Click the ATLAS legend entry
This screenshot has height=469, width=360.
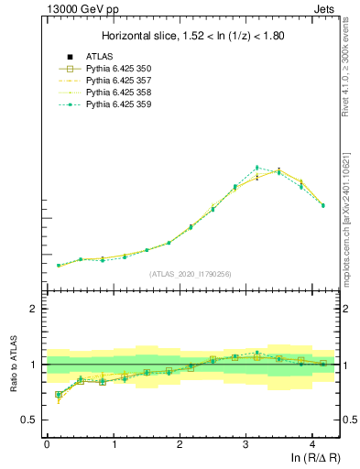(99, 57)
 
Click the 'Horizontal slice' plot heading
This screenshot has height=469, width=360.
(192, 37)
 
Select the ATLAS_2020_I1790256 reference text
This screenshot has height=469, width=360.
(191, 274)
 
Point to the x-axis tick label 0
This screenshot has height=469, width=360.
(47, 443)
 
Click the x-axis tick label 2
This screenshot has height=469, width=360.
(180, 443)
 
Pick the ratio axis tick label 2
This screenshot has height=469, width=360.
(33, 310)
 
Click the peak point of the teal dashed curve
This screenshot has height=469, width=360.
(257, 168)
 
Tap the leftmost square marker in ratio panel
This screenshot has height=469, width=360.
(59, 395)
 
